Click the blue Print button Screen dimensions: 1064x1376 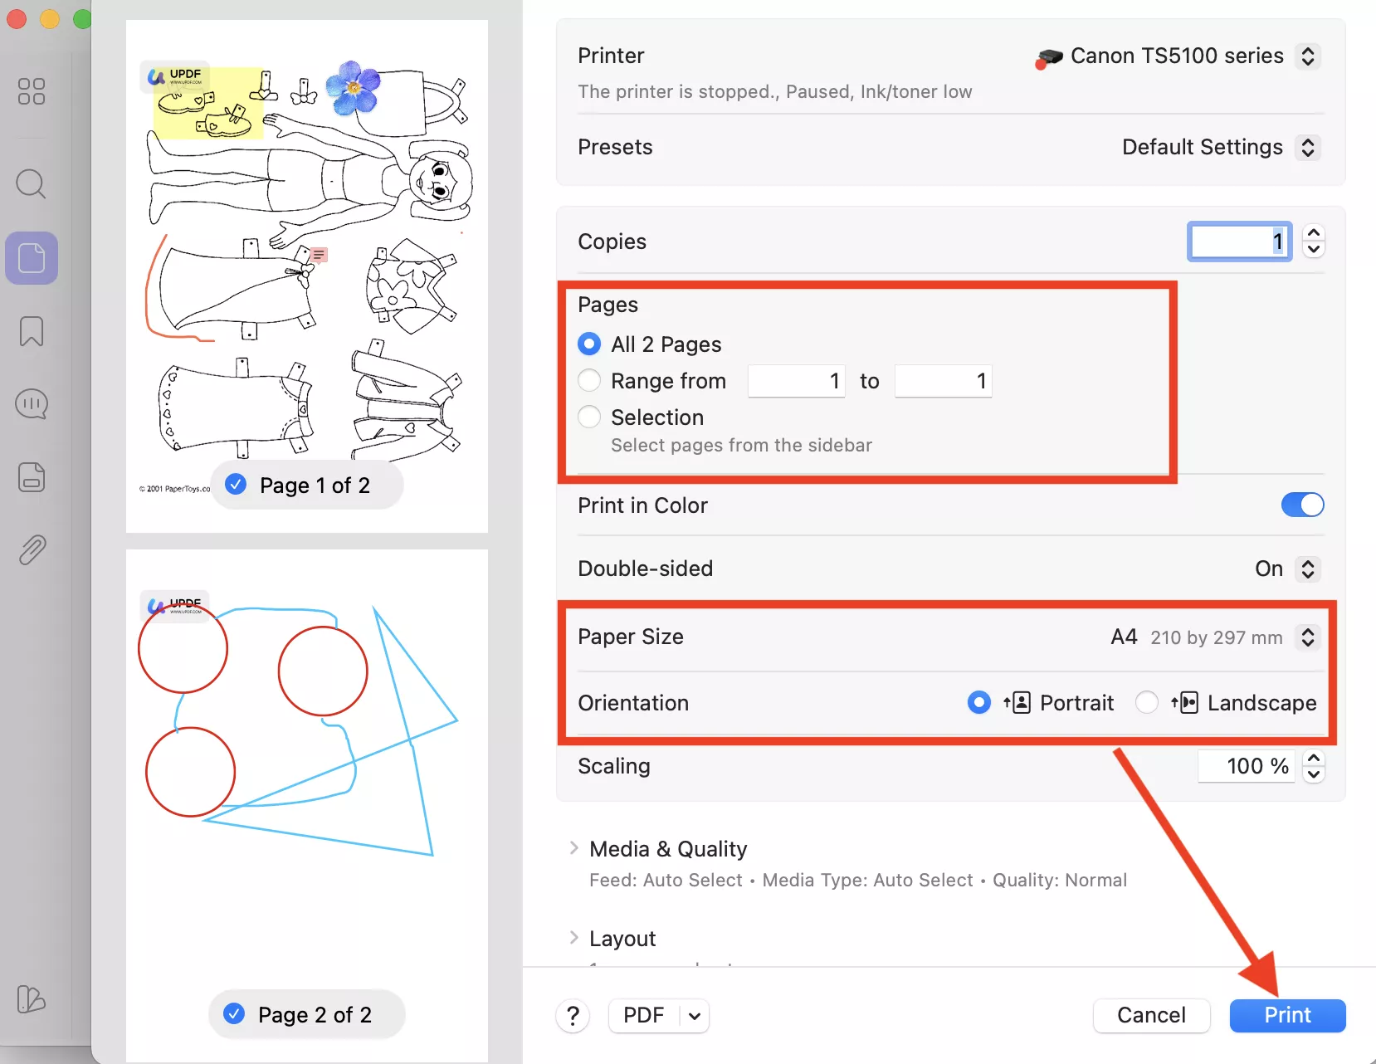tap(1287, 1015)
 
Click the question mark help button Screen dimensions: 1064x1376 tap(573, 1015)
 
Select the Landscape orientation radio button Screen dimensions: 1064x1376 tap(1147, 703)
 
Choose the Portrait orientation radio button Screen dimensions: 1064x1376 tap(979, 703)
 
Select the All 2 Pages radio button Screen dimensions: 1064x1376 tap(589, 344)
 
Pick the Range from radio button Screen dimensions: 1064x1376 tap(589, 380)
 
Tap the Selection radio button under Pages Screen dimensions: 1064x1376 tap(589, 417)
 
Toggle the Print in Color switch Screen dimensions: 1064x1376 tap(1302, 505)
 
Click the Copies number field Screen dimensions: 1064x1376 tap(1239, 242)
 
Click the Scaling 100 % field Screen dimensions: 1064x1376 tap(1246, 766)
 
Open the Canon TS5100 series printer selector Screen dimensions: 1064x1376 tap(1308, 56)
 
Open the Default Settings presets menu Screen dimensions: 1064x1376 tap(1308, 148)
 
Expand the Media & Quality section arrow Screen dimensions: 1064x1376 tap(573, 848)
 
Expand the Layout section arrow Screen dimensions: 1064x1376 tap(573, 938)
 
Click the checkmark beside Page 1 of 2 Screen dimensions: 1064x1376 tap(236, 484)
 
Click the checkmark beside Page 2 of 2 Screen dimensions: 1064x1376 tap(234, 1013)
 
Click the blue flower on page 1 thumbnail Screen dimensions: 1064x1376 tap(354, 86)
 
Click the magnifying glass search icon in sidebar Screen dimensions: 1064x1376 tap(32, 183)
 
